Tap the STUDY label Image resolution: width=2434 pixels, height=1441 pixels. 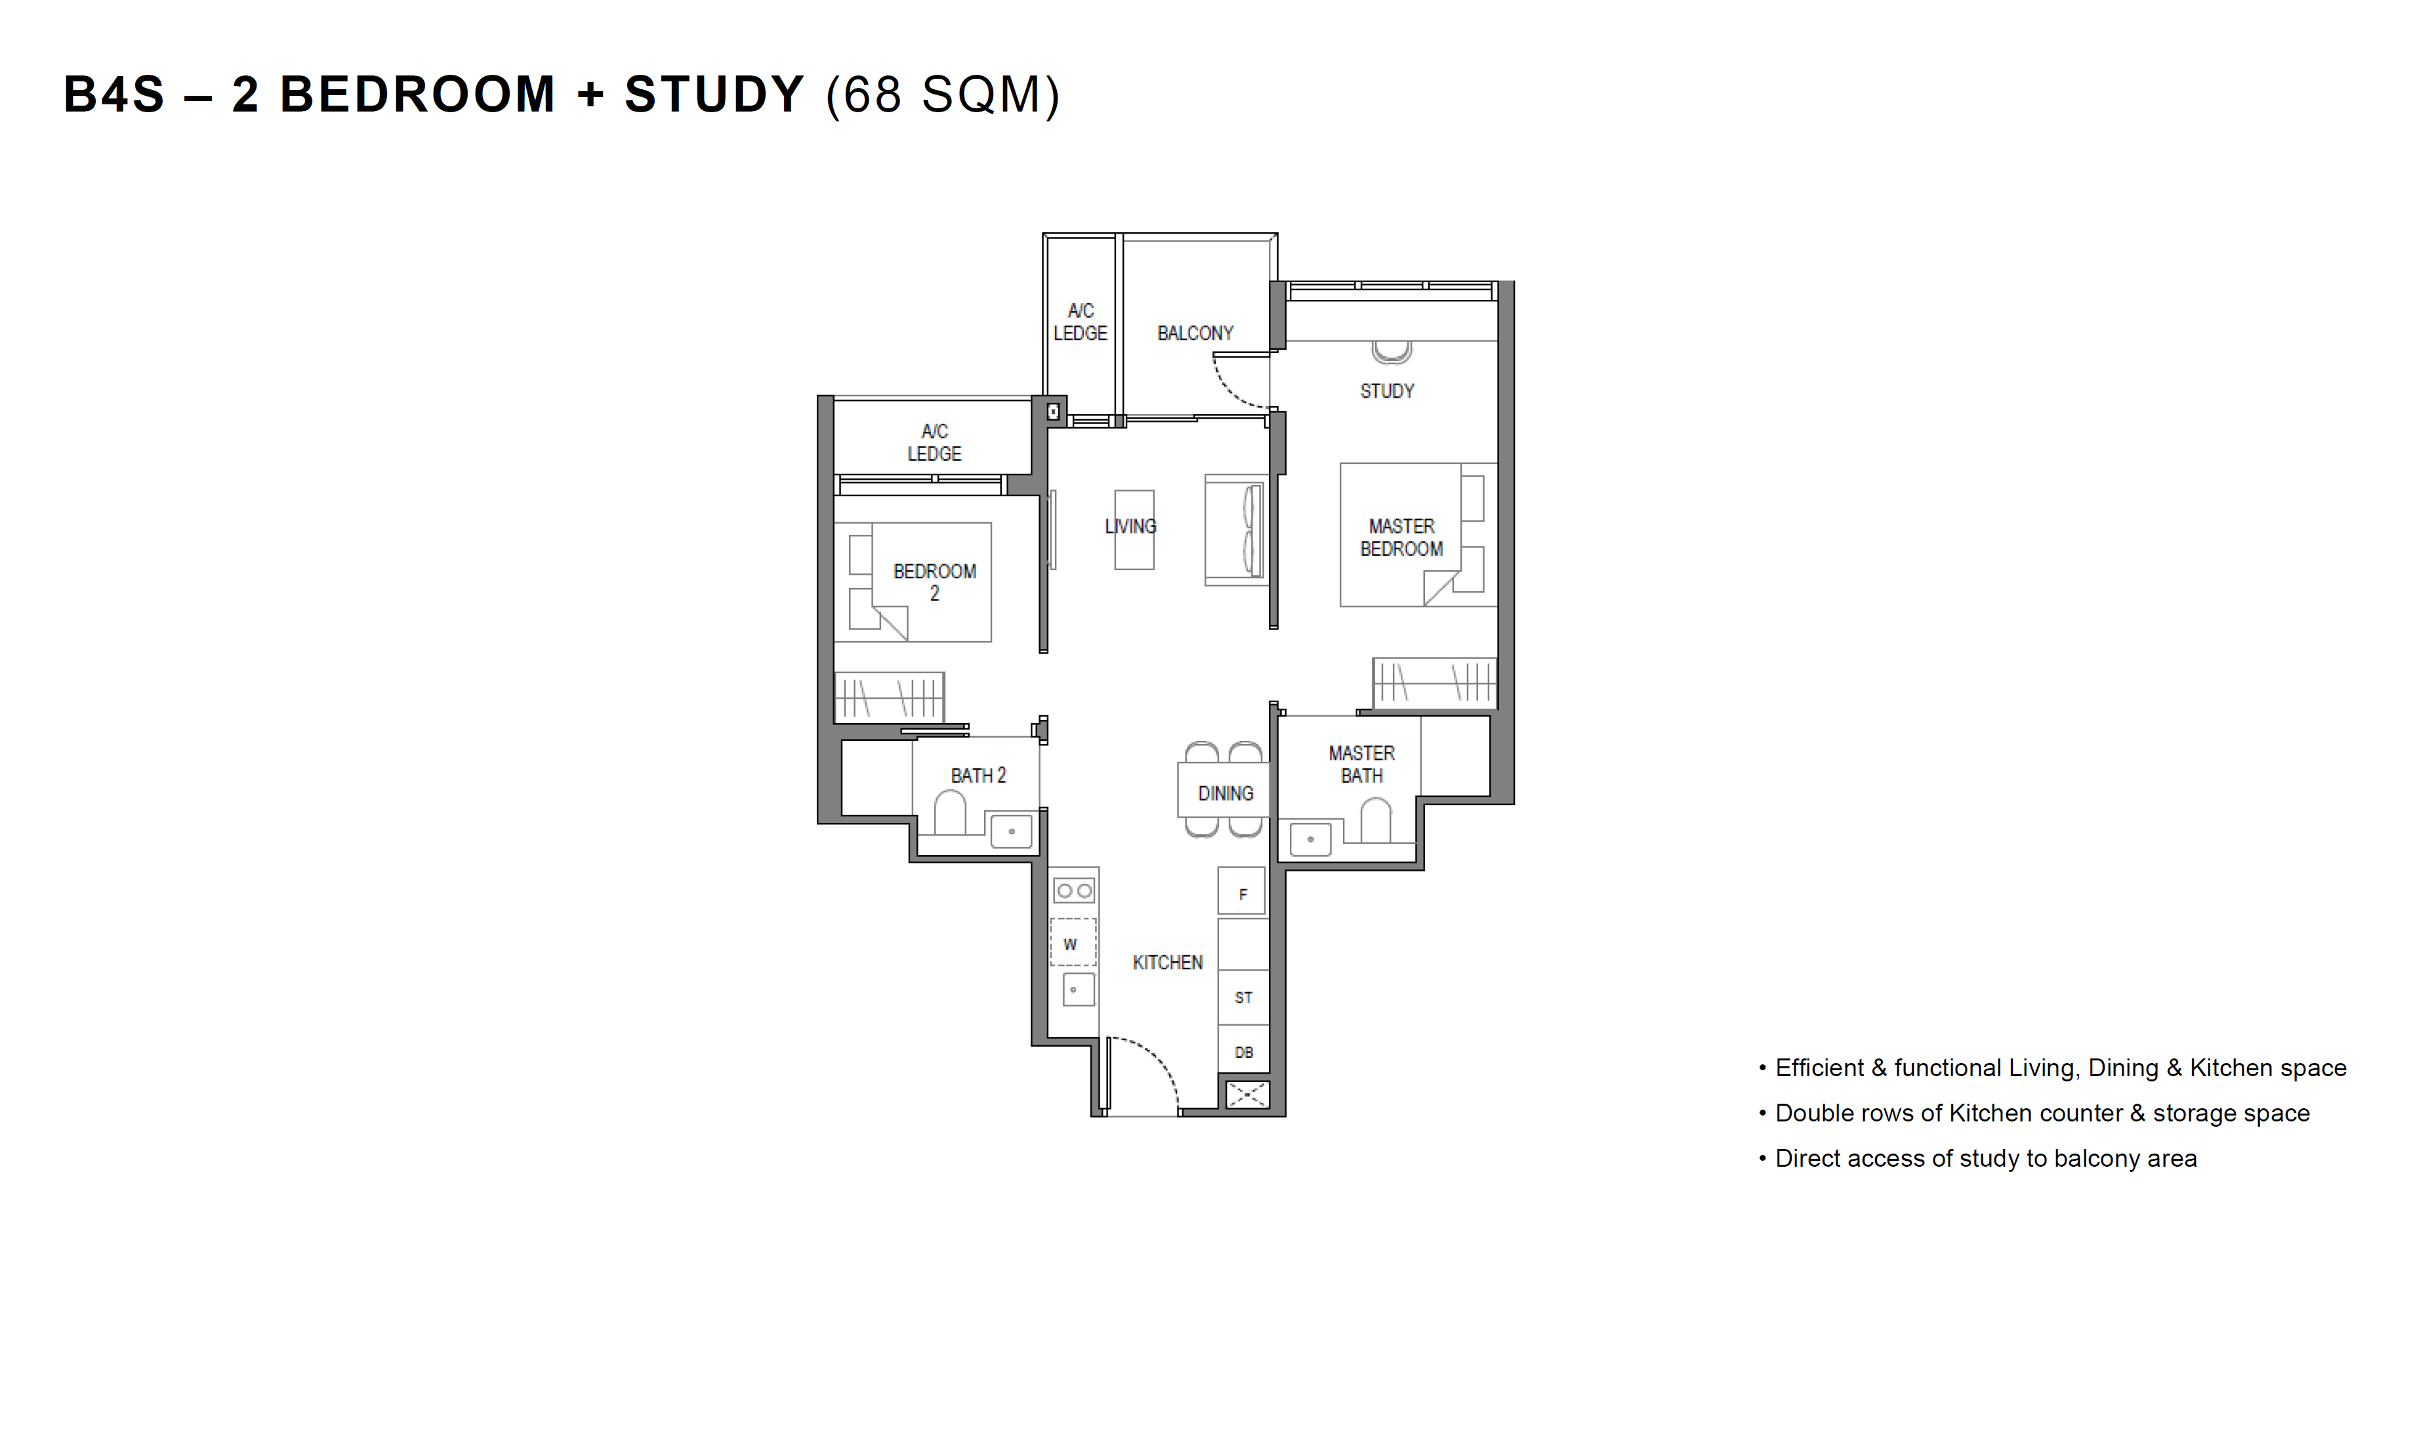pyautogui.click(x=1386, y=391)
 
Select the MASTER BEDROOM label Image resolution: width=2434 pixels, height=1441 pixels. pyautogui.click(x=1401, y=537)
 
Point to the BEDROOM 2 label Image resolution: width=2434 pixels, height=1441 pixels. pyautogui.click(x=934, y=581)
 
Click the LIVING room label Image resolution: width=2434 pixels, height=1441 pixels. pyautogui.click(x=1130, y=526)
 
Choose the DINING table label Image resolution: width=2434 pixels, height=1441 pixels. pyautogui.click(x=1226, y=793)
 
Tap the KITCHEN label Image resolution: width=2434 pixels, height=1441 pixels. pyautogui.click(x=1167, y=962)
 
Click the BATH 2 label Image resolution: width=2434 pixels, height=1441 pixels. pyautogui.click(x=978, y=775)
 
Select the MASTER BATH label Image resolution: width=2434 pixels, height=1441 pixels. pyautogui.click(x=1361, y=764)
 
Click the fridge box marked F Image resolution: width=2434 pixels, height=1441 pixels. pyautogui.click(x=1242, y=890)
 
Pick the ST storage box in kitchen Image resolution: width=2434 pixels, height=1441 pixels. pyautogui.click(x=1243, y=997)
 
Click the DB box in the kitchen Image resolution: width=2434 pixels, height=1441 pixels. pyautogui.click(x=1243, y=1052)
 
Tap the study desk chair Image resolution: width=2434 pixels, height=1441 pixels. pyautogui.click(x=1392, y=352)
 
